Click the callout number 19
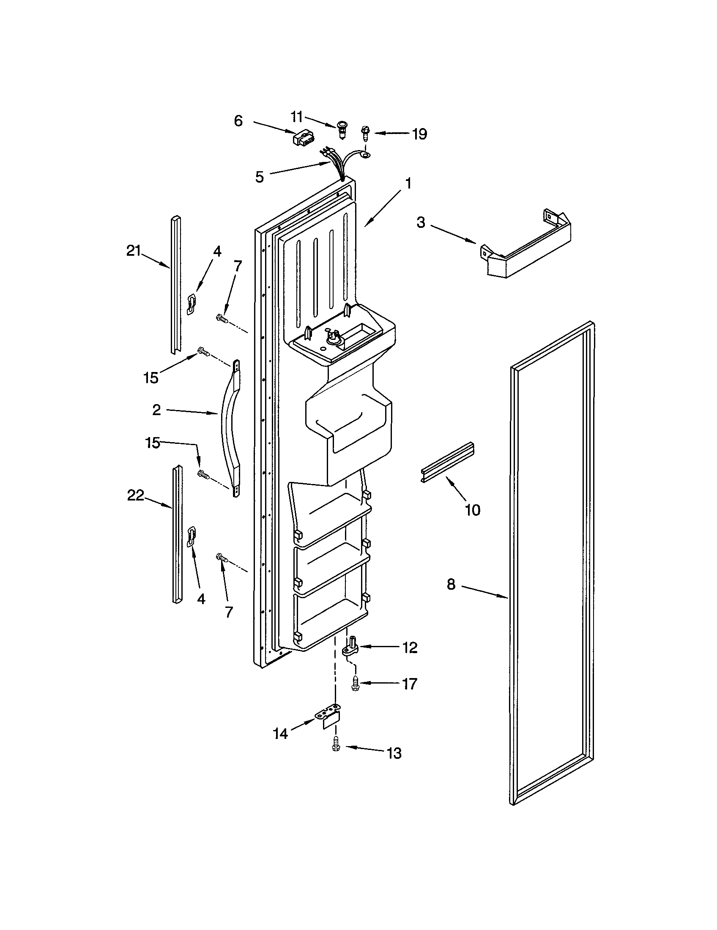click(x=419, y=134)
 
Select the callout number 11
click(x=297, y=116)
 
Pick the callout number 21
click(x=133, y=251)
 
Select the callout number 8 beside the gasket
click(x=451, y=584)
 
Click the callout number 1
click(x=408, y=184)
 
